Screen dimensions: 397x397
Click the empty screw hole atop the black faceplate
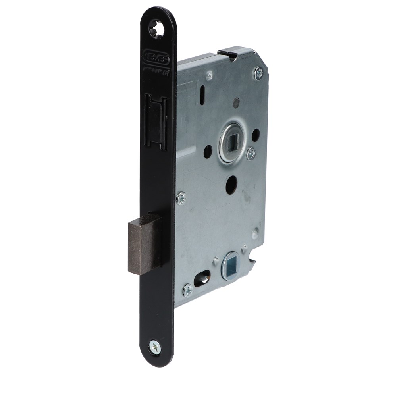[156, 29]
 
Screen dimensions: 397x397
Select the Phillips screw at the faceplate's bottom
[155, 347]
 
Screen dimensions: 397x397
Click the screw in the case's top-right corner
[258, 73]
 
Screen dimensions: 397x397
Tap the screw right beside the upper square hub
[251, 154]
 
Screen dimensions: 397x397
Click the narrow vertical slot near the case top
[202, 96]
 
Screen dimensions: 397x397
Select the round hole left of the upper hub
[208, 151]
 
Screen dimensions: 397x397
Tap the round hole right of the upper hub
[256, 135]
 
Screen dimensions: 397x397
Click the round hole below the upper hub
[231, 185]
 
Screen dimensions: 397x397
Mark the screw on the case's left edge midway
[181, 198]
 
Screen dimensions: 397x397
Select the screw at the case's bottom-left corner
[187, 291]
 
